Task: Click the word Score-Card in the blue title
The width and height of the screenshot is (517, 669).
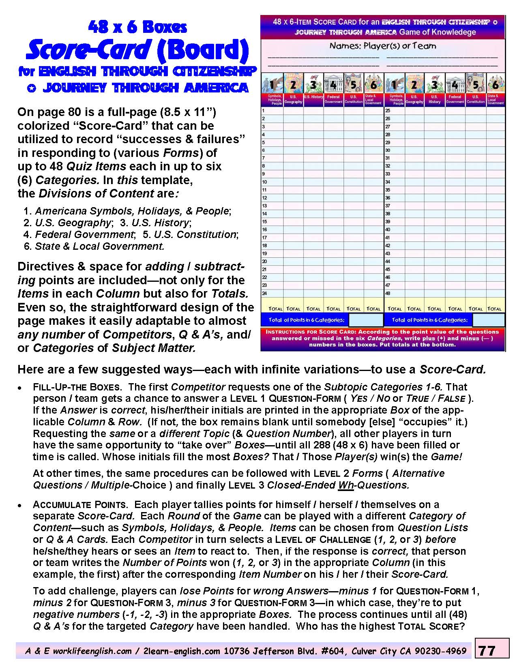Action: coord(88,50)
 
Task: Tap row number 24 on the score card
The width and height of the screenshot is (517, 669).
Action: coord(264,293)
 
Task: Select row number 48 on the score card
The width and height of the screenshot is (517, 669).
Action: coord(388,293)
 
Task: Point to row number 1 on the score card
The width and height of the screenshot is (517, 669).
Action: coord(264,110)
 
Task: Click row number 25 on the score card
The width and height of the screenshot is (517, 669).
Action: coord(388,110)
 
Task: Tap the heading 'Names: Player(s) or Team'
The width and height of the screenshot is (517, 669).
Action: coord(382,46)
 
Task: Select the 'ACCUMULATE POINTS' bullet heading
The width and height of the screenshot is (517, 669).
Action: coord(80,505)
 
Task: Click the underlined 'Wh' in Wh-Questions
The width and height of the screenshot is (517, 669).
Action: coord(346,485)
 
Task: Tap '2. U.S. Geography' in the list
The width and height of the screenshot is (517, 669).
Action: coord(67,223)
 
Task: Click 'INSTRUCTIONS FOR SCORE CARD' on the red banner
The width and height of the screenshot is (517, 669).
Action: coord(311,332)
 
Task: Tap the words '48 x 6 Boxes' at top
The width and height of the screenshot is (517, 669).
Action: coord(137,27)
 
